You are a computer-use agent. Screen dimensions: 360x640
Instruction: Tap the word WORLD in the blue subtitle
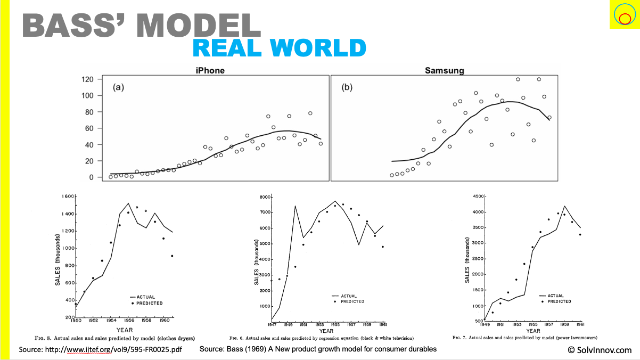(318, 48)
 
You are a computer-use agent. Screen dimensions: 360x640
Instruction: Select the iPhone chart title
(210, 70)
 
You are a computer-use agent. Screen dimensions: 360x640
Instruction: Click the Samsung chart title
(445, 70)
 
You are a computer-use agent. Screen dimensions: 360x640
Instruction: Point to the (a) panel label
(118, 87)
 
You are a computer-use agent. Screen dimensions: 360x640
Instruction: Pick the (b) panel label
(347, 87)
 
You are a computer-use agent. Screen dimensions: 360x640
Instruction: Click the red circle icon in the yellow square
(625, 19)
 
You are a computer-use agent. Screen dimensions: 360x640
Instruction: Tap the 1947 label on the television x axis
(272, 324)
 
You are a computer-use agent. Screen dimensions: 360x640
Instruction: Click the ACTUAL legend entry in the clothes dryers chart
(146, 297)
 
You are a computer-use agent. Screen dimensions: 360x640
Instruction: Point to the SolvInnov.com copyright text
(600, 350)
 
